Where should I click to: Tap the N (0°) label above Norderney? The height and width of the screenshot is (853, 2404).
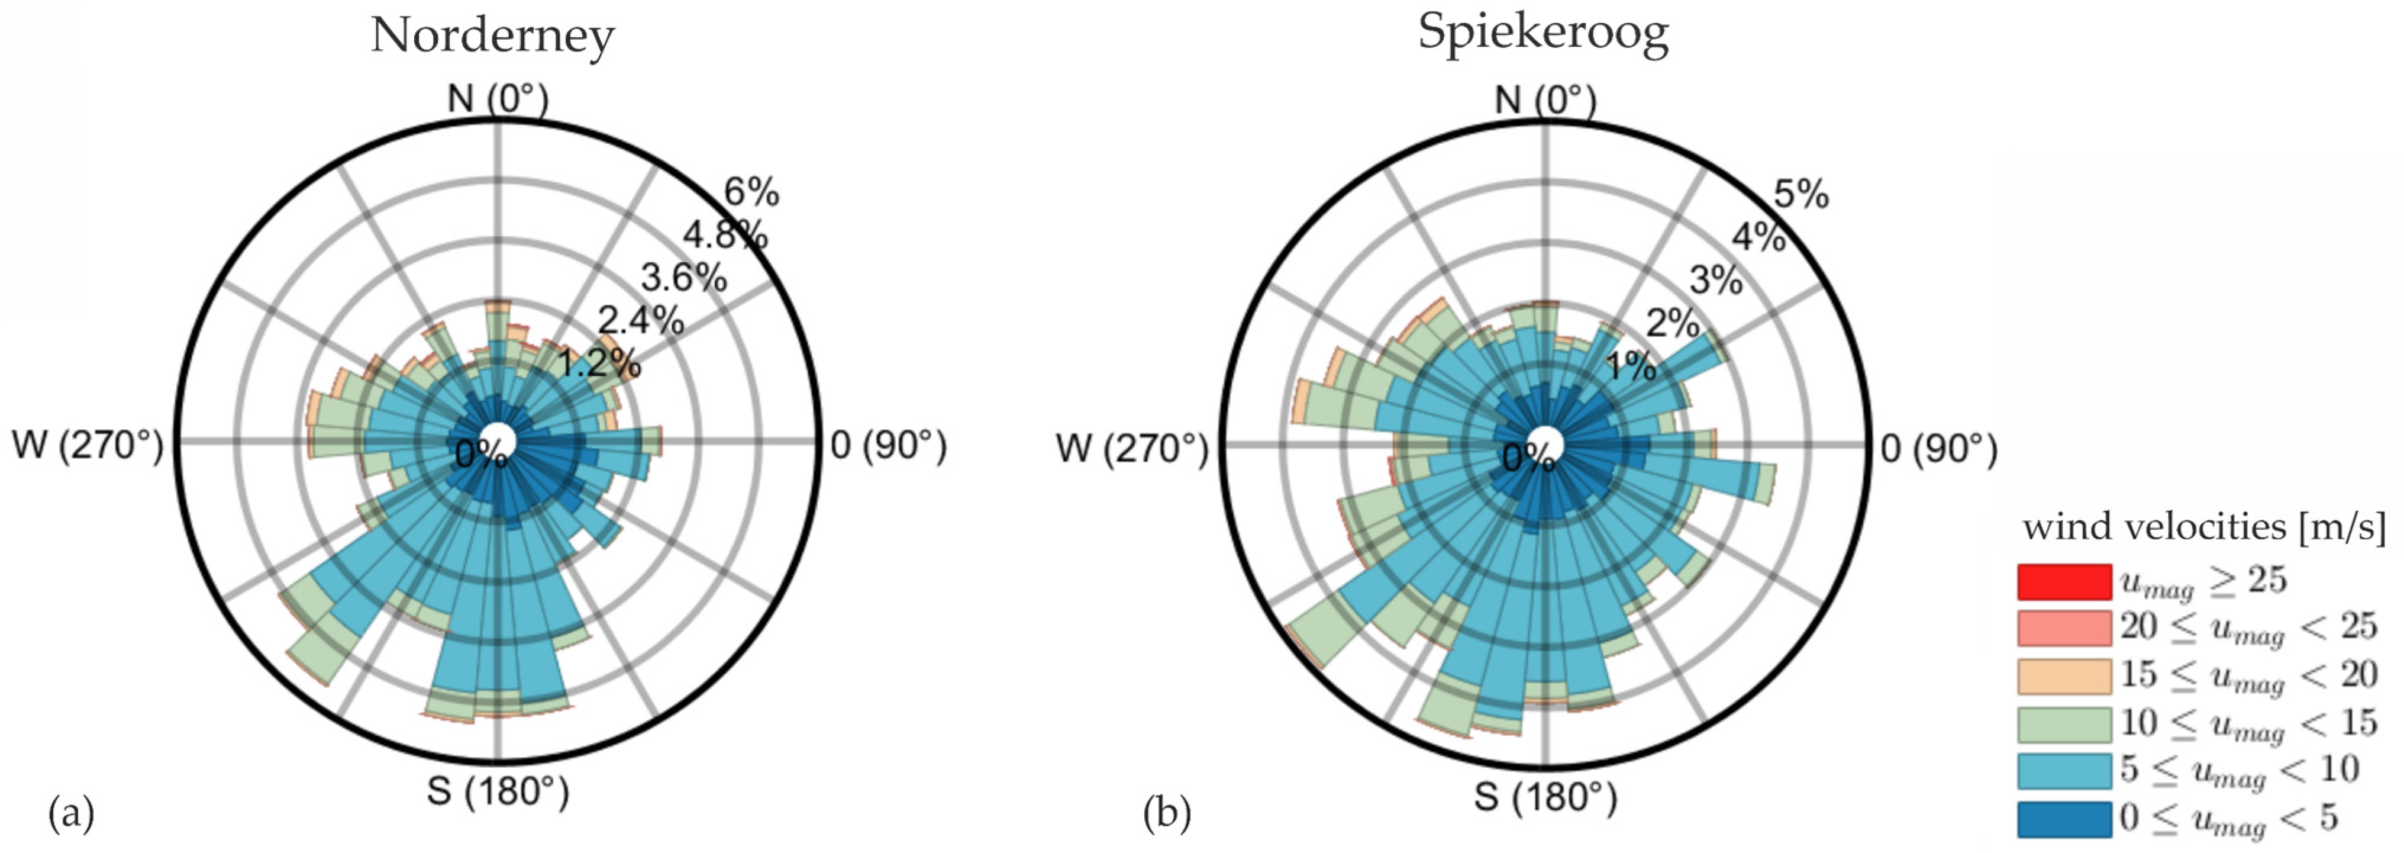pyautogui.click(x=498, y=98)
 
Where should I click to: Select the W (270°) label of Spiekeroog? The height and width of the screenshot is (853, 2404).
pyautogui.click(x=1131, y=449)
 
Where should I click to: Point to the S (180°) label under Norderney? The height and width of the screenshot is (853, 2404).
pyautogui.click(x=498, y=791)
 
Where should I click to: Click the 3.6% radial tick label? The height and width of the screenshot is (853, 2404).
pyautogui.click(x=683, y=277)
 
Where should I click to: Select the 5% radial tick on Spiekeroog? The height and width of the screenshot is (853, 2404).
pyautogui.click(x=1800, y=194)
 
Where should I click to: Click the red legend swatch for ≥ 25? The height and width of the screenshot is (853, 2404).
pyautogui.click(x=2063, y=581)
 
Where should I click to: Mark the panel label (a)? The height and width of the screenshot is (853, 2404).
pyautogui.click(x=71, y=814)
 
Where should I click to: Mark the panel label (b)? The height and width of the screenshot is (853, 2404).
pyautogui.click(x=1167, y=814)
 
